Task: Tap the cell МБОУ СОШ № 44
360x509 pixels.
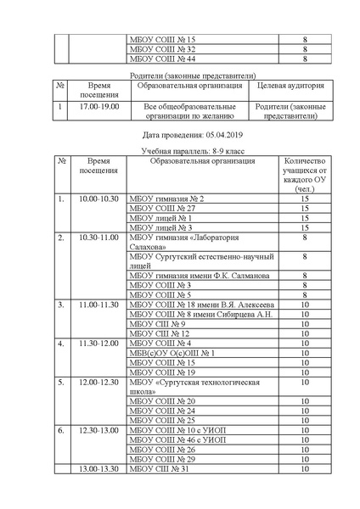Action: (160, 59)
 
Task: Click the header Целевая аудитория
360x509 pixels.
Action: (281, 86)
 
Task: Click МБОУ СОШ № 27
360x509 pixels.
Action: (161, 209)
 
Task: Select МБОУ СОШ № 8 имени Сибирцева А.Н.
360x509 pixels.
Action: (200, 314)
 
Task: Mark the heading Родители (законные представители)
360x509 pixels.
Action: (180, 75)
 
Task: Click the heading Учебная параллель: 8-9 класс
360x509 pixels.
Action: (180, 150)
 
